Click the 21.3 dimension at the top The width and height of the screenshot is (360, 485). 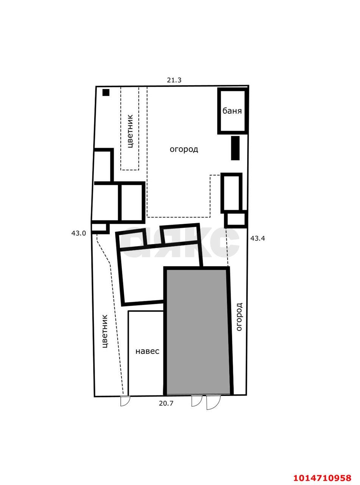tap(174, 80)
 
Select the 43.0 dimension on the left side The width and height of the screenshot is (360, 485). tap(79, 233)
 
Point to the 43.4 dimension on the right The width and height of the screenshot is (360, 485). tap(257, 238)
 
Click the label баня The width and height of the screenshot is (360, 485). tap(232, 111)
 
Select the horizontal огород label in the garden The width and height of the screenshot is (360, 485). tap(184, 150)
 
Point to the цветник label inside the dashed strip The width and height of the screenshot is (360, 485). tap(130, 131)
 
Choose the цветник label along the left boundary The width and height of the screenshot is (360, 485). tap(105, 332)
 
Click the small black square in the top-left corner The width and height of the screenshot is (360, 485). tap(106, 92)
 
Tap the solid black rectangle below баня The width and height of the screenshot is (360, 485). tap(235, 148)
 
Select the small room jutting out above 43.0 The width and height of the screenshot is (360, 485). tap(100, 228)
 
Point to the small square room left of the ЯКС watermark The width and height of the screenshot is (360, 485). tap(131, 239)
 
